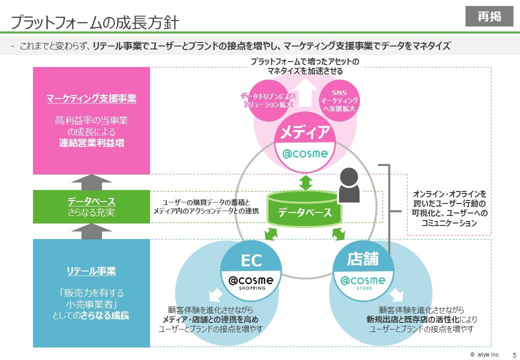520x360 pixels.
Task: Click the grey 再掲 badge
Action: [489, 16]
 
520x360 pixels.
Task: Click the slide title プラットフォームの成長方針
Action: [94, 22]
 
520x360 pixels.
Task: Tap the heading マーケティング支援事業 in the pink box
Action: [91, 98]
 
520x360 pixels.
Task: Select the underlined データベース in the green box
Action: [91, 201]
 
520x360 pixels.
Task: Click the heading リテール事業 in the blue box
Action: [91, 271]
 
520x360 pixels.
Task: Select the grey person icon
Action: [348, 185]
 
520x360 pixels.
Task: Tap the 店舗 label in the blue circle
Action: [362, 259]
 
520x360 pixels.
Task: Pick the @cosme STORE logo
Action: [362, 282]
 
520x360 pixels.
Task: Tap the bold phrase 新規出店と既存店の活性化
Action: [413, 319]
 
